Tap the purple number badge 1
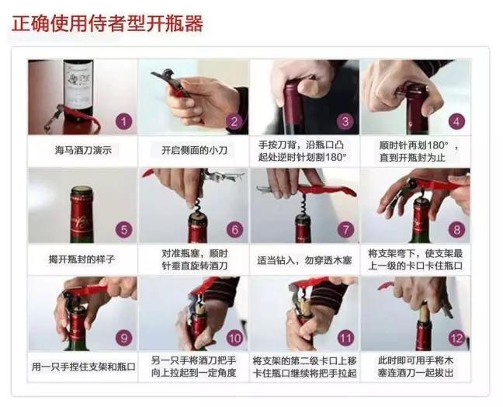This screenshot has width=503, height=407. point(123,122)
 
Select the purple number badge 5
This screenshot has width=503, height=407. point(123,230)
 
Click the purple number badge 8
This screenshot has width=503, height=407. point(456,230)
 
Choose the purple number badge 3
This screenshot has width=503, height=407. point(345,122)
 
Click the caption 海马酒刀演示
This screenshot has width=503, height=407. point(82,150)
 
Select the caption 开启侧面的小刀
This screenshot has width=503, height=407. point(193,150)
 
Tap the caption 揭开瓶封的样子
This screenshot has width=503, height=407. point(82,257)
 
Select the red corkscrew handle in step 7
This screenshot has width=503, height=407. point(326,189)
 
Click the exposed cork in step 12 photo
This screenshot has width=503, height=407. point(425,315)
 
